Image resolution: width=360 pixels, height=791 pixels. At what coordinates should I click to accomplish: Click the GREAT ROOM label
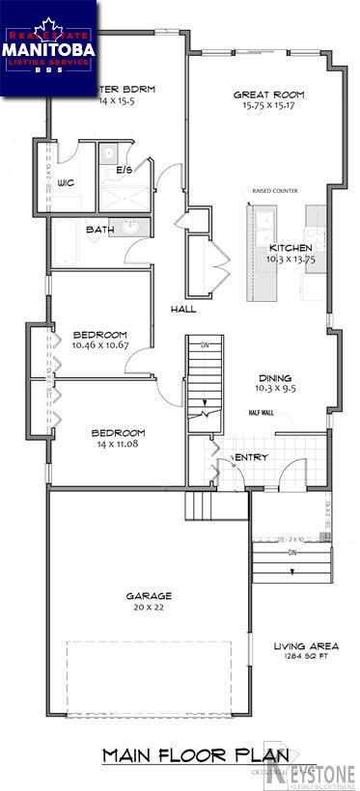coord(269,95)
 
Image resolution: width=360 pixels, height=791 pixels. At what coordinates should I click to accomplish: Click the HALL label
coord(183,310)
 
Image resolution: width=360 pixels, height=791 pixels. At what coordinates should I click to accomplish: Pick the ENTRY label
coord(251,457)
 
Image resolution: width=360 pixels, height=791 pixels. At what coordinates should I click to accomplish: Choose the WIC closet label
coord(67,182)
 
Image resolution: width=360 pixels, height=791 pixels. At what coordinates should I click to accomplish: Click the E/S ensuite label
coord(124,171)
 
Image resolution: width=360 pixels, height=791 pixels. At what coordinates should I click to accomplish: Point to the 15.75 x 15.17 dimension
coord(269,105)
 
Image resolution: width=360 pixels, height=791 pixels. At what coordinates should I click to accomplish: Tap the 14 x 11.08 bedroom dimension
coord(119,444)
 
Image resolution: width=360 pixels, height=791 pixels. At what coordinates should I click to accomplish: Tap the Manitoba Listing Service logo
coord(48,48)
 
